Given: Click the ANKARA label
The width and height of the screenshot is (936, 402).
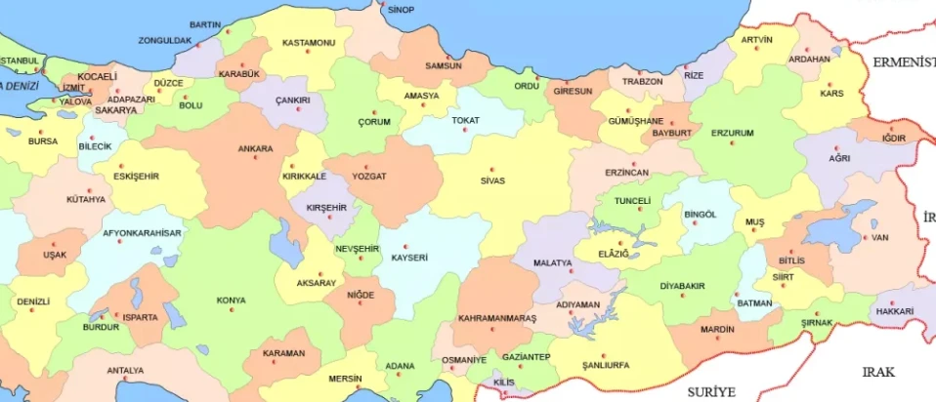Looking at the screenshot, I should [255, 149].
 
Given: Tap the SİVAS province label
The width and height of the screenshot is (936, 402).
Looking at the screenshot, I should [492, 181].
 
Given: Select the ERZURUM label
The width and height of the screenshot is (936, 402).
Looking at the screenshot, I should [732, 132].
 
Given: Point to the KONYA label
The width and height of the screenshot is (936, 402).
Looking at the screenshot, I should [232, 300].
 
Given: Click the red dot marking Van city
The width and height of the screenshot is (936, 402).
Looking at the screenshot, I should [867, 235].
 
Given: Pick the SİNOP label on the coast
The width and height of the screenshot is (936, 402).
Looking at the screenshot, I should [401, 10].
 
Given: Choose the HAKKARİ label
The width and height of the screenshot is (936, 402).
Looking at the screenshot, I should [895, 311].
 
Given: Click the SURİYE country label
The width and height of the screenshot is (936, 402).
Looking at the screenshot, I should [709, 390].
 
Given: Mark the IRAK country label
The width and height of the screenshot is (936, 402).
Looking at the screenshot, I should [877, 372].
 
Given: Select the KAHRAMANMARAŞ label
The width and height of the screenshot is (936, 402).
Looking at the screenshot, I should [497, 319].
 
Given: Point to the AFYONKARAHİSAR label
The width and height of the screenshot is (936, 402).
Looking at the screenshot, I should [143, 233].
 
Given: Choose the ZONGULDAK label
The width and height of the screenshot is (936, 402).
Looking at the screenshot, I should [164, 40].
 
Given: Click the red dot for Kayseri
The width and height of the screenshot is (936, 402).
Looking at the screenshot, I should [408, 246].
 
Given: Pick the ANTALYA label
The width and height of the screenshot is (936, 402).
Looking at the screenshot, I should [125, 370].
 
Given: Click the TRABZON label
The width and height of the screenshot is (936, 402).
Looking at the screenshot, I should [643, 81].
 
